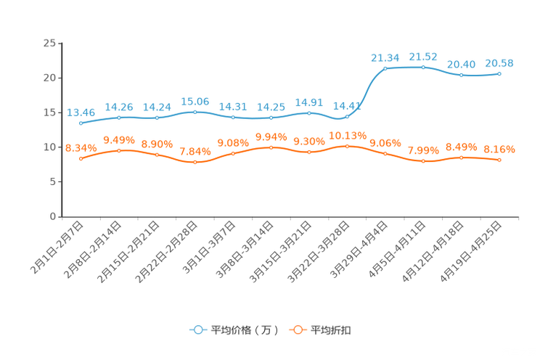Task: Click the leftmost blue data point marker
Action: click(81, 123)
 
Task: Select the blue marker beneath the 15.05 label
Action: click(195, 112)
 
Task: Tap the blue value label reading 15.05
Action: click(195, 101)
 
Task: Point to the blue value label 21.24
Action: click(385, 57)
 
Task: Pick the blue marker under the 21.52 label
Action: click(423, 67)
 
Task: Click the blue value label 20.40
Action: click(461, 65)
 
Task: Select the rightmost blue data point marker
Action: click(499, 73)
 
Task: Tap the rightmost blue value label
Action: click(499, 63)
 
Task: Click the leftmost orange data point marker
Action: click(81, 158)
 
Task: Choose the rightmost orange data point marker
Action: click(499, 160)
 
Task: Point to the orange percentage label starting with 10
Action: click(347, 135)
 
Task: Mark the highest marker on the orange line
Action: click(347, 146)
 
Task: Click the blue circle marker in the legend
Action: click(197, 330)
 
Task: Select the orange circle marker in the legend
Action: click(298, 330)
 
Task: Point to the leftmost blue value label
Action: click(81, 112)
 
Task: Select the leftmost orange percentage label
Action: click(81, 147)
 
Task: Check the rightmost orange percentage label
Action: click(499, 149)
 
